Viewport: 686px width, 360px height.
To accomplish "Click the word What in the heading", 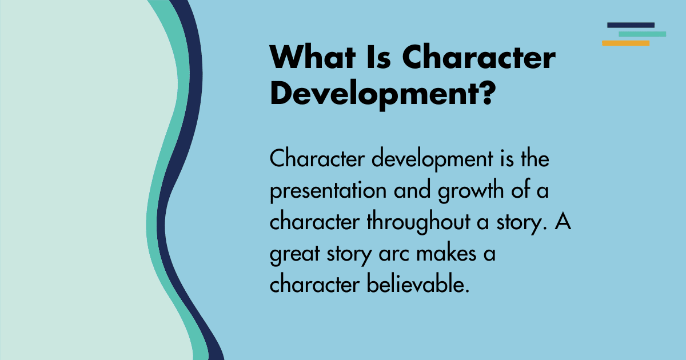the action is (312, 58).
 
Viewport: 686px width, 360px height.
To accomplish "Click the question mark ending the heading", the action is (487, 92).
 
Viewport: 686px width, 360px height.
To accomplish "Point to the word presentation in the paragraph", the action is (328, 191).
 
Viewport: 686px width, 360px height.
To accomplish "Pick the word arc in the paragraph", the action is (394, 254).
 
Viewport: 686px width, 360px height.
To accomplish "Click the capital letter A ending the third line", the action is (563, 221).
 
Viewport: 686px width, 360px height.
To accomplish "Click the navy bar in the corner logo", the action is (631, 25).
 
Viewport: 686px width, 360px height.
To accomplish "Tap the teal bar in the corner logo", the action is (642, 34).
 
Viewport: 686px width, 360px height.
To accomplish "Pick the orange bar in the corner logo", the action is (625, 43).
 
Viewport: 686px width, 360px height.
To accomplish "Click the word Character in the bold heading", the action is (479, 58).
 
